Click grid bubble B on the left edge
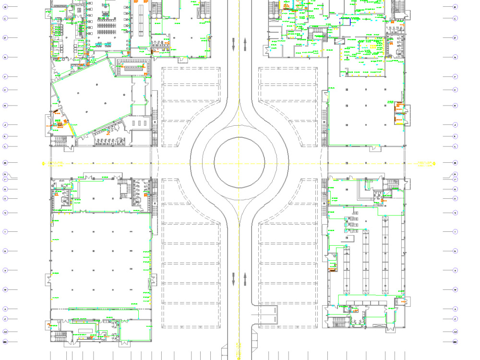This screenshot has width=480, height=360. click(5, 7)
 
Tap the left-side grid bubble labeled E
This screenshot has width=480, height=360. click(5, 57)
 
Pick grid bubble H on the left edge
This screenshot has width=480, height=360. click(5, 106)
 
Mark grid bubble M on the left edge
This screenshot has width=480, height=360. click(5, 163)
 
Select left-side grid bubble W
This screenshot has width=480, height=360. click(5, 289)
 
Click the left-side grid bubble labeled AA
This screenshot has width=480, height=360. click(5, 331)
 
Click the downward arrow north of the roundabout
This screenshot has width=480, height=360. click(234, 45)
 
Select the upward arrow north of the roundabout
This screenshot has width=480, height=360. click(245, 45)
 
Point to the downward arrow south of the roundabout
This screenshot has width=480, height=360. click(234, 278)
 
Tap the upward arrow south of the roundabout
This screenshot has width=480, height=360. click(245, 278)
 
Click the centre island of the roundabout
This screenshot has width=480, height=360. click(240, 161)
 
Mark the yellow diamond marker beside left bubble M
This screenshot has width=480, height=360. click(43, 163)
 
